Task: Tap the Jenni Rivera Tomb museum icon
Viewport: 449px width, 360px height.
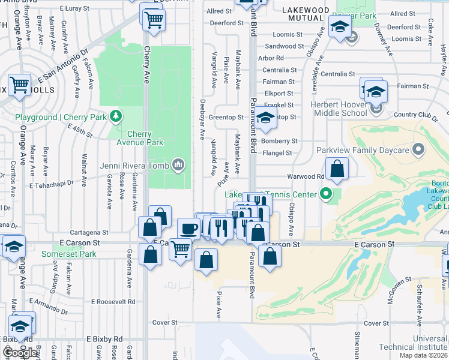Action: [178, 164]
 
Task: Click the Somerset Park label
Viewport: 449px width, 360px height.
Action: [68, 254]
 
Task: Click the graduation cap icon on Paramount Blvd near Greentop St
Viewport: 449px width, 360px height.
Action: [265, 119]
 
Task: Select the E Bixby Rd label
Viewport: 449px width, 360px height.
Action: [104, 339]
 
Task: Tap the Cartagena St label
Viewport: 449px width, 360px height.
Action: [89, 232]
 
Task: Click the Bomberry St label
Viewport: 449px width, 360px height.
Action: [279, 141]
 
